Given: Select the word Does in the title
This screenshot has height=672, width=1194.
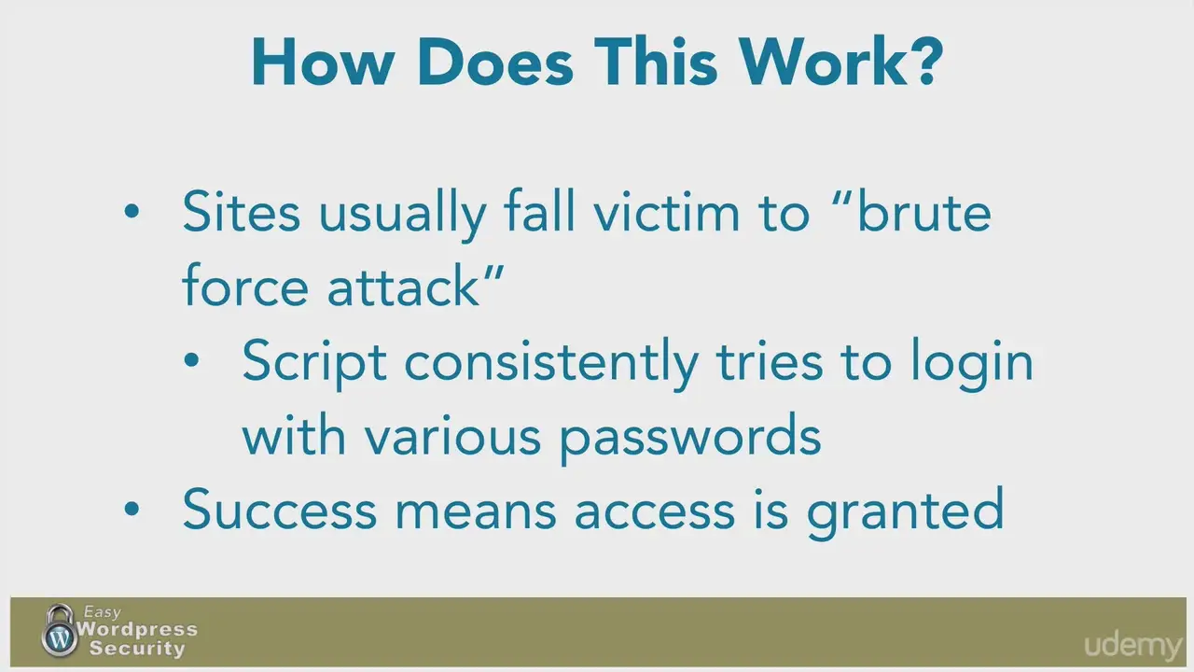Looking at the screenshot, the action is point(495,62).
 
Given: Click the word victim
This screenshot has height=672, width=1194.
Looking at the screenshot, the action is point(667,213).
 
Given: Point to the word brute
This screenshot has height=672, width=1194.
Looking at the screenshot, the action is point(923,213).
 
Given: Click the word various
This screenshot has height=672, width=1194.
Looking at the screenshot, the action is point(453,436).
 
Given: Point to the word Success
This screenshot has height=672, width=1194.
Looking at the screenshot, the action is point(279,510).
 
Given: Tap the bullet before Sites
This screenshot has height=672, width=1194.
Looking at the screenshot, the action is point(132,211).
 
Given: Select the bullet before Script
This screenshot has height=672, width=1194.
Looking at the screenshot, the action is point(191,360).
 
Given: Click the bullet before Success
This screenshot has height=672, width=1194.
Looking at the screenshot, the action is point(132,509).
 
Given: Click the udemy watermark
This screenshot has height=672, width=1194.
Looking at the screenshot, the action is point(1133,645).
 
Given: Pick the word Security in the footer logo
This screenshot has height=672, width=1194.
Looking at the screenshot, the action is point(137,649).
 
